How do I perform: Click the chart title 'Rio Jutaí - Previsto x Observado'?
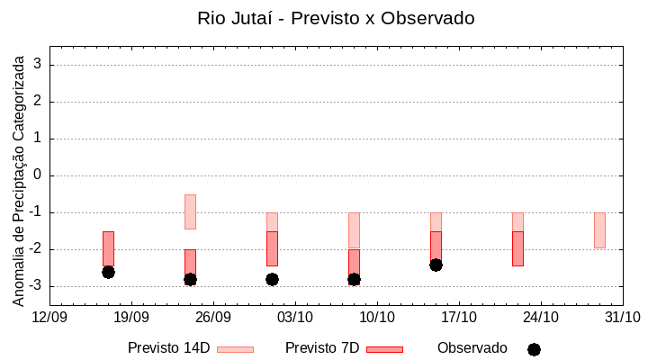[x=336, y=18]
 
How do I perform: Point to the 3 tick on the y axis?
[x=38, y=65]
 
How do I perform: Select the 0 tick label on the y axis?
[x=38, y=175]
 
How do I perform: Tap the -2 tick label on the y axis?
[x=35, y=249]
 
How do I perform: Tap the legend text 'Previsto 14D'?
[x=168, y=348]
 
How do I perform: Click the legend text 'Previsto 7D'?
[x=322, y=348]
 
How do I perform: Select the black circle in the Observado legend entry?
[x=534, y=349]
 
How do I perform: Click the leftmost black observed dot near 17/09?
[x=108, y=272]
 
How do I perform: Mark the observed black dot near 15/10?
[x=436, y=265]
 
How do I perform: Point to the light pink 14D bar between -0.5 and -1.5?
[x=190, y=211]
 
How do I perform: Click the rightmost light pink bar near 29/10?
[x=599, y=230]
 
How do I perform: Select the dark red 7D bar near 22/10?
[x=517, y=248]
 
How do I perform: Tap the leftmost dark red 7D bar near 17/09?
[x=108, y=247]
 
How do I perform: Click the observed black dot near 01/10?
[x=272, y=279]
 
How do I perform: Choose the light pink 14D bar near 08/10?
[x=354, y=229]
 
